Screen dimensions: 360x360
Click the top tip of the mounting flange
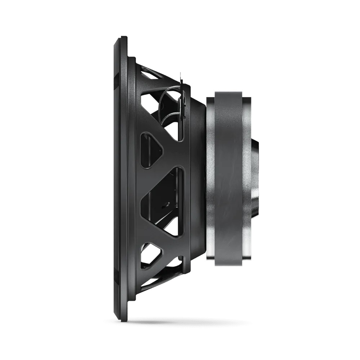pyautogui.click(x=123, y=37)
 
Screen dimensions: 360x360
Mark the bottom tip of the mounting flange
pyautogui.click(x=123, y=321)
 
